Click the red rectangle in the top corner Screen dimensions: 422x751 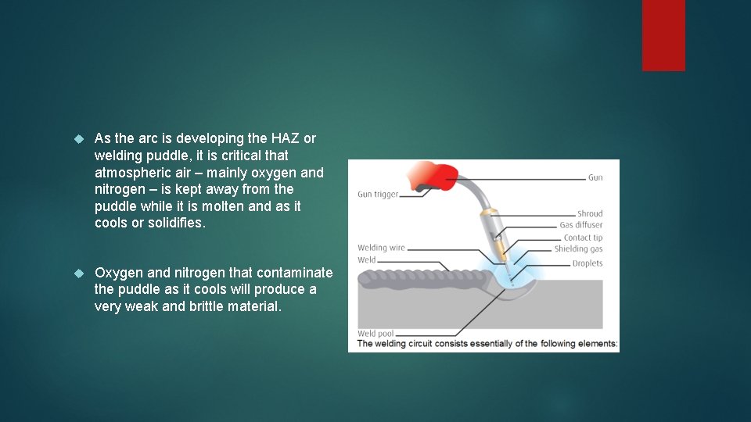point(663,35)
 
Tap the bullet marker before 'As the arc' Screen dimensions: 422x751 point(77,139)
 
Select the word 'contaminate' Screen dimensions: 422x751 point(295,273)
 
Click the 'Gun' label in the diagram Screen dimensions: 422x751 point(595,178)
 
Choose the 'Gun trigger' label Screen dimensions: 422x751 point(378,195)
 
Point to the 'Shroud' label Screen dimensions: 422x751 point(590,213)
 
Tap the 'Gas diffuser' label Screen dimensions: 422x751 point(581,225)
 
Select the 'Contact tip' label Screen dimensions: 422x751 point(583,238)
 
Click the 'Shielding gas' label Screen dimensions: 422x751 point(578,249)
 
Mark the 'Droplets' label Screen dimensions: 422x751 point(587,263)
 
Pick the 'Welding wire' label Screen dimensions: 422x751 point(381,249)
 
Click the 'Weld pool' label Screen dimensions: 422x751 point(375,334)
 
